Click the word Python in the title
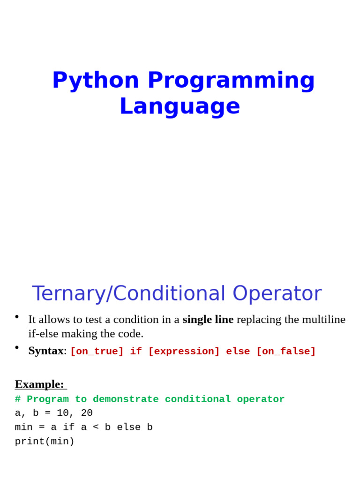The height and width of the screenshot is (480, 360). (96, 81)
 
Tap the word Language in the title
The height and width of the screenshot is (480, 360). (180, 107)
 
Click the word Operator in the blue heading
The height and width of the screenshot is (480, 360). (277, 293)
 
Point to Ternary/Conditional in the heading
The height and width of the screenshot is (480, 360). (128, 293)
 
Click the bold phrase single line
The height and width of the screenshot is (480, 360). (208, 319)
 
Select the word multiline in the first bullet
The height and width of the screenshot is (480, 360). (324, 319)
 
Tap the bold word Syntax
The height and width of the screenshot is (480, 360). (46, 351)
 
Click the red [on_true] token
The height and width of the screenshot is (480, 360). (97, 351)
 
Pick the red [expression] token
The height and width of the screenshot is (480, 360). (184, 351)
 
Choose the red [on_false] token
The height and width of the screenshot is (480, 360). (286, 351)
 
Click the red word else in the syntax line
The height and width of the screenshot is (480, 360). (238, 351)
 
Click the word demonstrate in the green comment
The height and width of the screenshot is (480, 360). (126, 399)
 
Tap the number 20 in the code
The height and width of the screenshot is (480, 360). (87, 412)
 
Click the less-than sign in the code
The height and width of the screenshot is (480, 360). (96, 427)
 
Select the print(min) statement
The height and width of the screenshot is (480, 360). (45, 442)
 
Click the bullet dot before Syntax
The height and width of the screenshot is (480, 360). (17, 347)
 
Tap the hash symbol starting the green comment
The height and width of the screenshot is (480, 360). (18, 399)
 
